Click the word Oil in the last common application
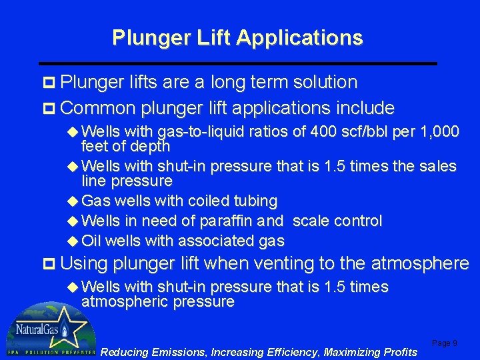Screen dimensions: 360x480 click(91, 241)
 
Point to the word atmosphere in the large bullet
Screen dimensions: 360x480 click(420, 264)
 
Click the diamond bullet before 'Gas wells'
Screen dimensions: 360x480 click(73, 201)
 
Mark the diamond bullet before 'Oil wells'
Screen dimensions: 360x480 click(73, 241)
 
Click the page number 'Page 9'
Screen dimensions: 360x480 click(445, 343)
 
